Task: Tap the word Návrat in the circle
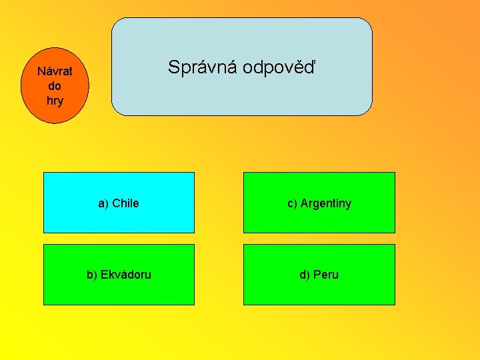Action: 55,71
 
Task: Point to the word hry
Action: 55,101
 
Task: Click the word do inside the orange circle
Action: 55,86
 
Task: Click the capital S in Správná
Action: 173,67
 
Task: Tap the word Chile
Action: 125,203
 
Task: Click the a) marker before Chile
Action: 103,203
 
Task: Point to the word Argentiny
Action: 326,203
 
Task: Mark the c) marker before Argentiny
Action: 292,203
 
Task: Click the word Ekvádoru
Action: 126,275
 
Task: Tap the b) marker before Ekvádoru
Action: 92,275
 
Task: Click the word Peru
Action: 326,275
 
